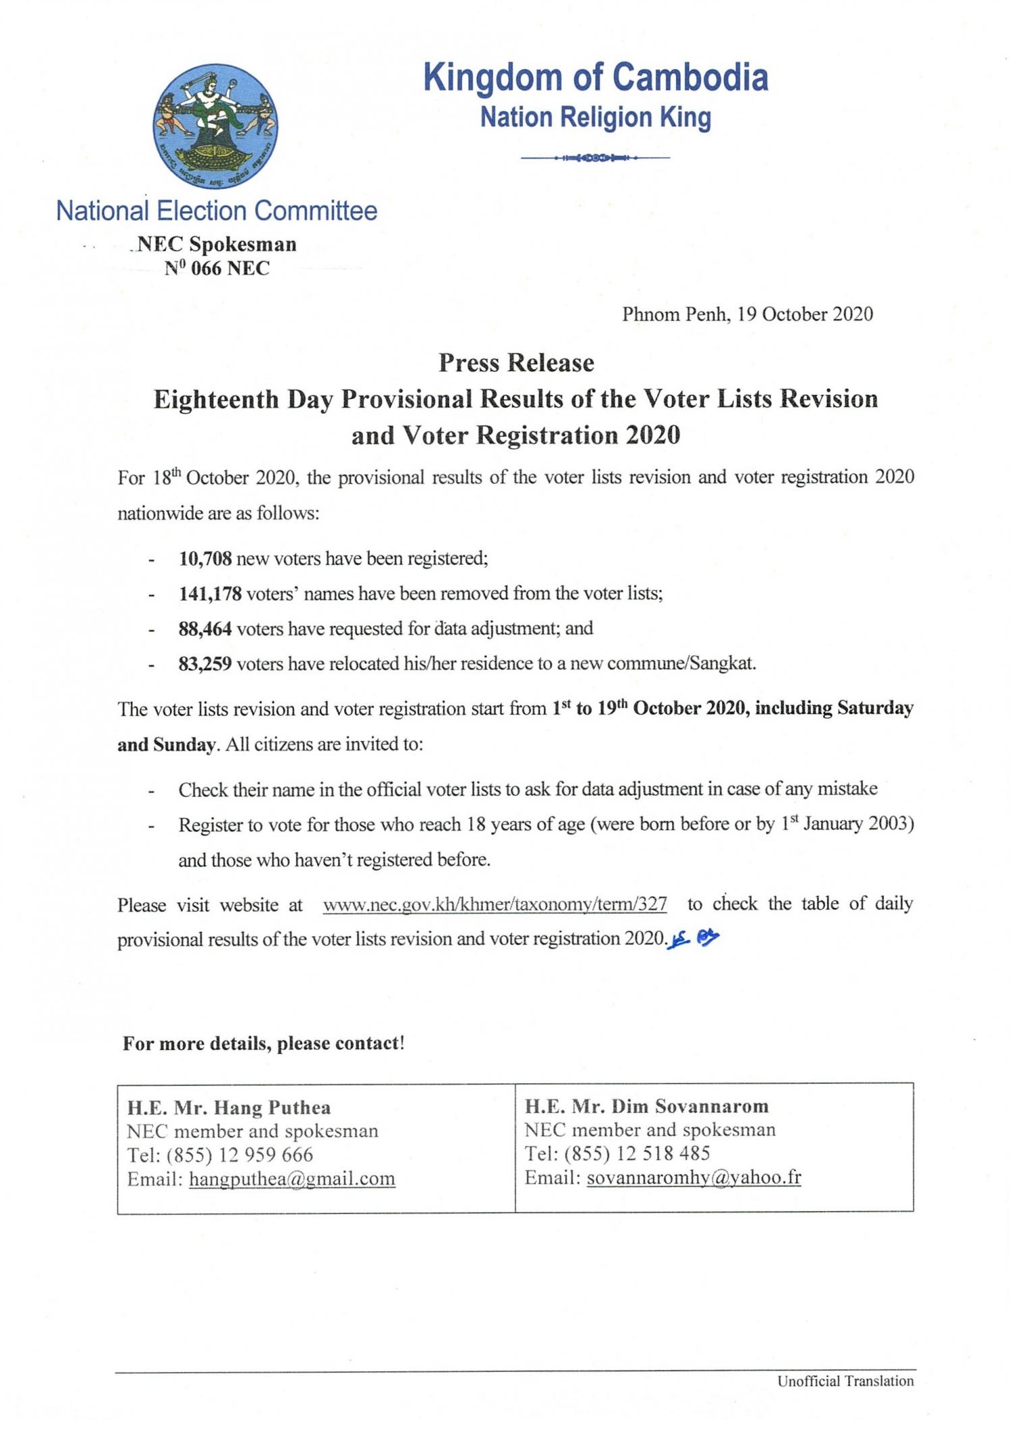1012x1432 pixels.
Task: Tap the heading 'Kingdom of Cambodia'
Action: pyautogui.click(x=595, y=77)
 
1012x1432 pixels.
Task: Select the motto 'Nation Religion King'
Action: pyautogui.click(x=595, y=117)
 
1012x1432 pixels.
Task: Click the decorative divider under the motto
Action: pyautogui.click(x=595, y=158)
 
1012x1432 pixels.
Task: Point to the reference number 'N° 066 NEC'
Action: pyautogui.click(x=217, y=269)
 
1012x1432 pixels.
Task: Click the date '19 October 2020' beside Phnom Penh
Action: pyautogui.click(x=805, y=314)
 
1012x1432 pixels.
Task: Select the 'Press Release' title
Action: pyautogui.click(x=516, y=363)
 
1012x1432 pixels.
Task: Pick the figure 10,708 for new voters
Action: pyautogui.click(x=205, y=558)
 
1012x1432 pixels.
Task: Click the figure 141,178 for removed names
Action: pyautogui.click(x=210, y=593)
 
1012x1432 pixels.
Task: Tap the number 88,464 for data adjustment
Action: pyautogui.click(x=205, y=628)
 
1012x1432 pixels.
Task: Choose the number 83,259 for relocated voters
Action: pyautogui.click(x=205, y=664)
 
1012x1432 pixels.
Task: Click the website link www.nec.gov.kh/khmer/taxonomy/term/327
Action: pyautogui.click(x=495, y=904)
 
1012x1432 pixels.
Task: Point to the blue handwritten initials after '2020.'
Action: pyautogui.click(x=694, y=938)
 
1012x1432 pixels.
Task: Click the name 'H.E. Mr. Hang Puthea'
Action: pyautogui.click(x=229, y=1107)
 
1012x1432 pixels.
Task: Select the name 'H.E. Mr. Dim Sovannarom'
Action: pyautogui.click(x=646, y=1106)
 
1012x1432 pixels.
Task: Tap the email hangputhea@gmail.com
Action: pyautogui.click(x=291, y=1178)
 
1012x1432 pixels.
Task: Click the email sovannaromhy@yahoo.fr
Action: pyautogui.click(x=694, y=1177)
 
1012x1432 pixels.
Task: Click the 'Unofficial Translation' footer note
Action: pyautogui.click(x=845, y=1381)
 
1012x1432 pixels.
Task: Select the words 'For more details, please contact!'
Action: pyautogui.click(x=263, y=1043)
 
